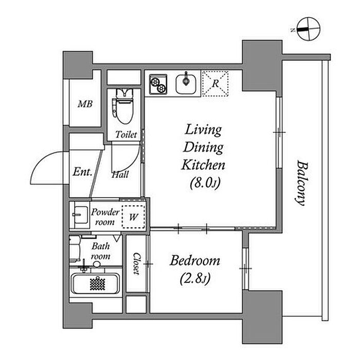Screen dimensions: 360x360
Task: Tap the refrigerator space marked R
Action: (x=215, y=83)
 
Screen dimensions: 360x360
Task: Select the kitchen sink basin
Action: (x=186, y=84)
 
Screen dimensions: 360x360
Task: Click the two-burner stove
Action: (x=158, y=84)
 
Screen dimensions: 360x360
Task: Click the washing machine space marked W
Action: (x=133, y=217)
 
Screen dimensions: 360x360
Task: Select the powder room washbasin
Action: (x=81, y=215)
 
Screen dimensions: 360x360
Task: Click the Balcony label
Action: (x=301, y=183)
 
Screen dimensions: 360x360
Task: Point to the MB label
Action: (x=85, y=104)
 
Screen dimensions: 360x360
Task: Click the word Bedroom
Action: (x=195, y=261)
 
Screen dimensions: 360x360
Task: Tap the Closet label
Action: (x=136, y=264)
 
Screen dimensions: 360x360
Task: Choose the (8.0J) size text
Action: (x=205, y=183)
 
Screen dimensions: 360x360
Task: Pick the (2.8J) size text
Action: (x=195, y=279)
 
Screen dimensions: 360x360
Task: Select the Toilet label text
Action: (x=126, y=135)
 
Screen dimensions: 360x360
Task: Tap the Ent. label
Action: (x=82, y=172)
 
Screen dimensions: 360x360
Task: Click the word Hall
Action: (x=120, y=175)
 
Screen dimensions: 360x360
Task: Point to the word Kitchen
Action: (x=203, y=165)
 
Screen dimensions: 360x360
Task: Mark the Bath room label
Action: (x=101, y=251)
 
